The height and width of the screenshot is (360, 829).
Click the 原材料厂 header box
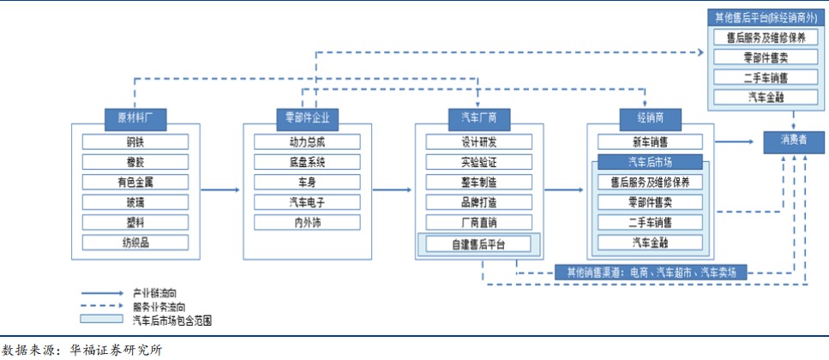(x=135, y=117)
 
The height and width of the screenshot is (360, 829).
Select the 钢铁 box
(x=135, y=142)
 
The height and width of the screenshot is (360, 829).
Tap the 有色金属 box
(x=135, y=182)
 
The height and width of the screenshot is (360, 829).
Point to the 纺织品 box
(x=135, y=243)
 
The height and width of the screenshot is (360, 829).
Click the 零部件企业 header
(x=307, y=117)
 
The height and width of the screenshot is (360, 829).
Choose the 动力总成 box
(x=307, y=142)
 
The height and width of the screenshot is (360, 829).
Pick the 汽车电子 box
(x=307, y=202)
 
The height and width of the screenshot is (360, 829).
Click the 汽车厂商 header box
(x=478, y=117)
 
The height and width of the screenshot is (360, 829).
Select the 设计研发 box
(x=478, y=142)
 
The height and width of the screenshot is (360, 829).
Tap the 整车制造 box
(x=478, y=182)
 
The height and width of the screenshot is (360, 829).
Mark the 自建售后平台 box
(x=478, y=244)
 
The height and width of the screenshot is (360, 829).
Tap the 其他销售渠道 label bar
(x=652, y=272)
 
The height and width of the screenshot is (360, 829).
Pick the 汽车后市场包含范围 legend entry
(x=171, y=321)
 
